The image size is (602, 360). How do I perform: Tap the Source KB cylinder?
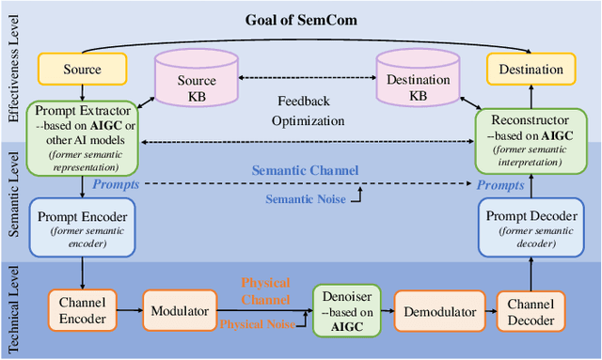pyautogui.click(x=198, y=83)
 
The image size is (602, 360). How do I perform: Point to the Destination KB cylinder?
pyautogui.click(x=419, y=83)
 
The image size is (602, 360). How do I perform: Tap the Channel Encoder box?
pyautogui.click(x=83, y=311)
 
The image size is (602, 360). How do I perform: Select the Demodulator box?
pyautogui.click(x=436, y=311)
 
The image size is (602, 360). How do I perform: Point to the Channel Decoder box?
pyautogui.click(x=531, y=311)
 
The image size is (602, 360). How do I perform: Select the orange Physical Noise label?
pyautogui.click(x=256, y=323)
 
